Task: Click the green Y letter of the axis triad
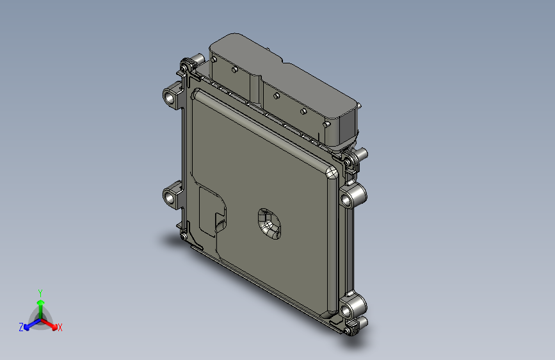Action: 40,292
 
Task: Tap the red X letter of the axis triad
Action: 60,328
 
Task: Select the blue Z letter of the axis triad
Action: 21,327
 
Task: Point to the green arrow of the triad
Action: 40,305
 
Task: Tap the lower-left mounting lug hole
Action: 170,197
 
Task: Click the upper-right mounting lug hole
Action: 348,199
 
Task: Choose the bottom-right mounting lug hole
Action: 349,309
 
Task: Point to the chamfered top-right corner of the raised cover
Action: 332,172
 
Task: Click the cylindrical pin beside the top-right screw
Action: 360,154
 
